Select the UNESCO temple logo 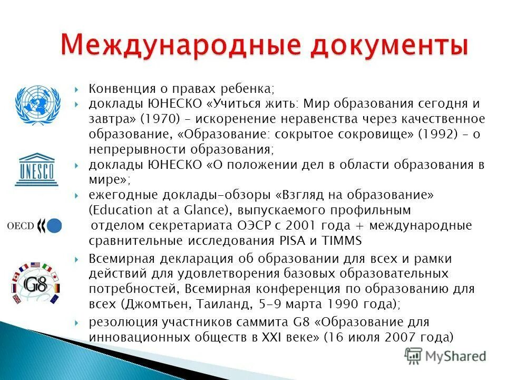[x=36, y=169]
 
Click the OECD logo [x=34, y=226]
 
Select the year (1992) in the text [x=438, y=134]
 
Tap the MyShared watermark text [x=456, y=356]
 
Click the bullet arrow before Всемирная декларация [x=77, y=259]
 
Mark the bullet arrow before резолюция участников [x=77, y=322]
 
